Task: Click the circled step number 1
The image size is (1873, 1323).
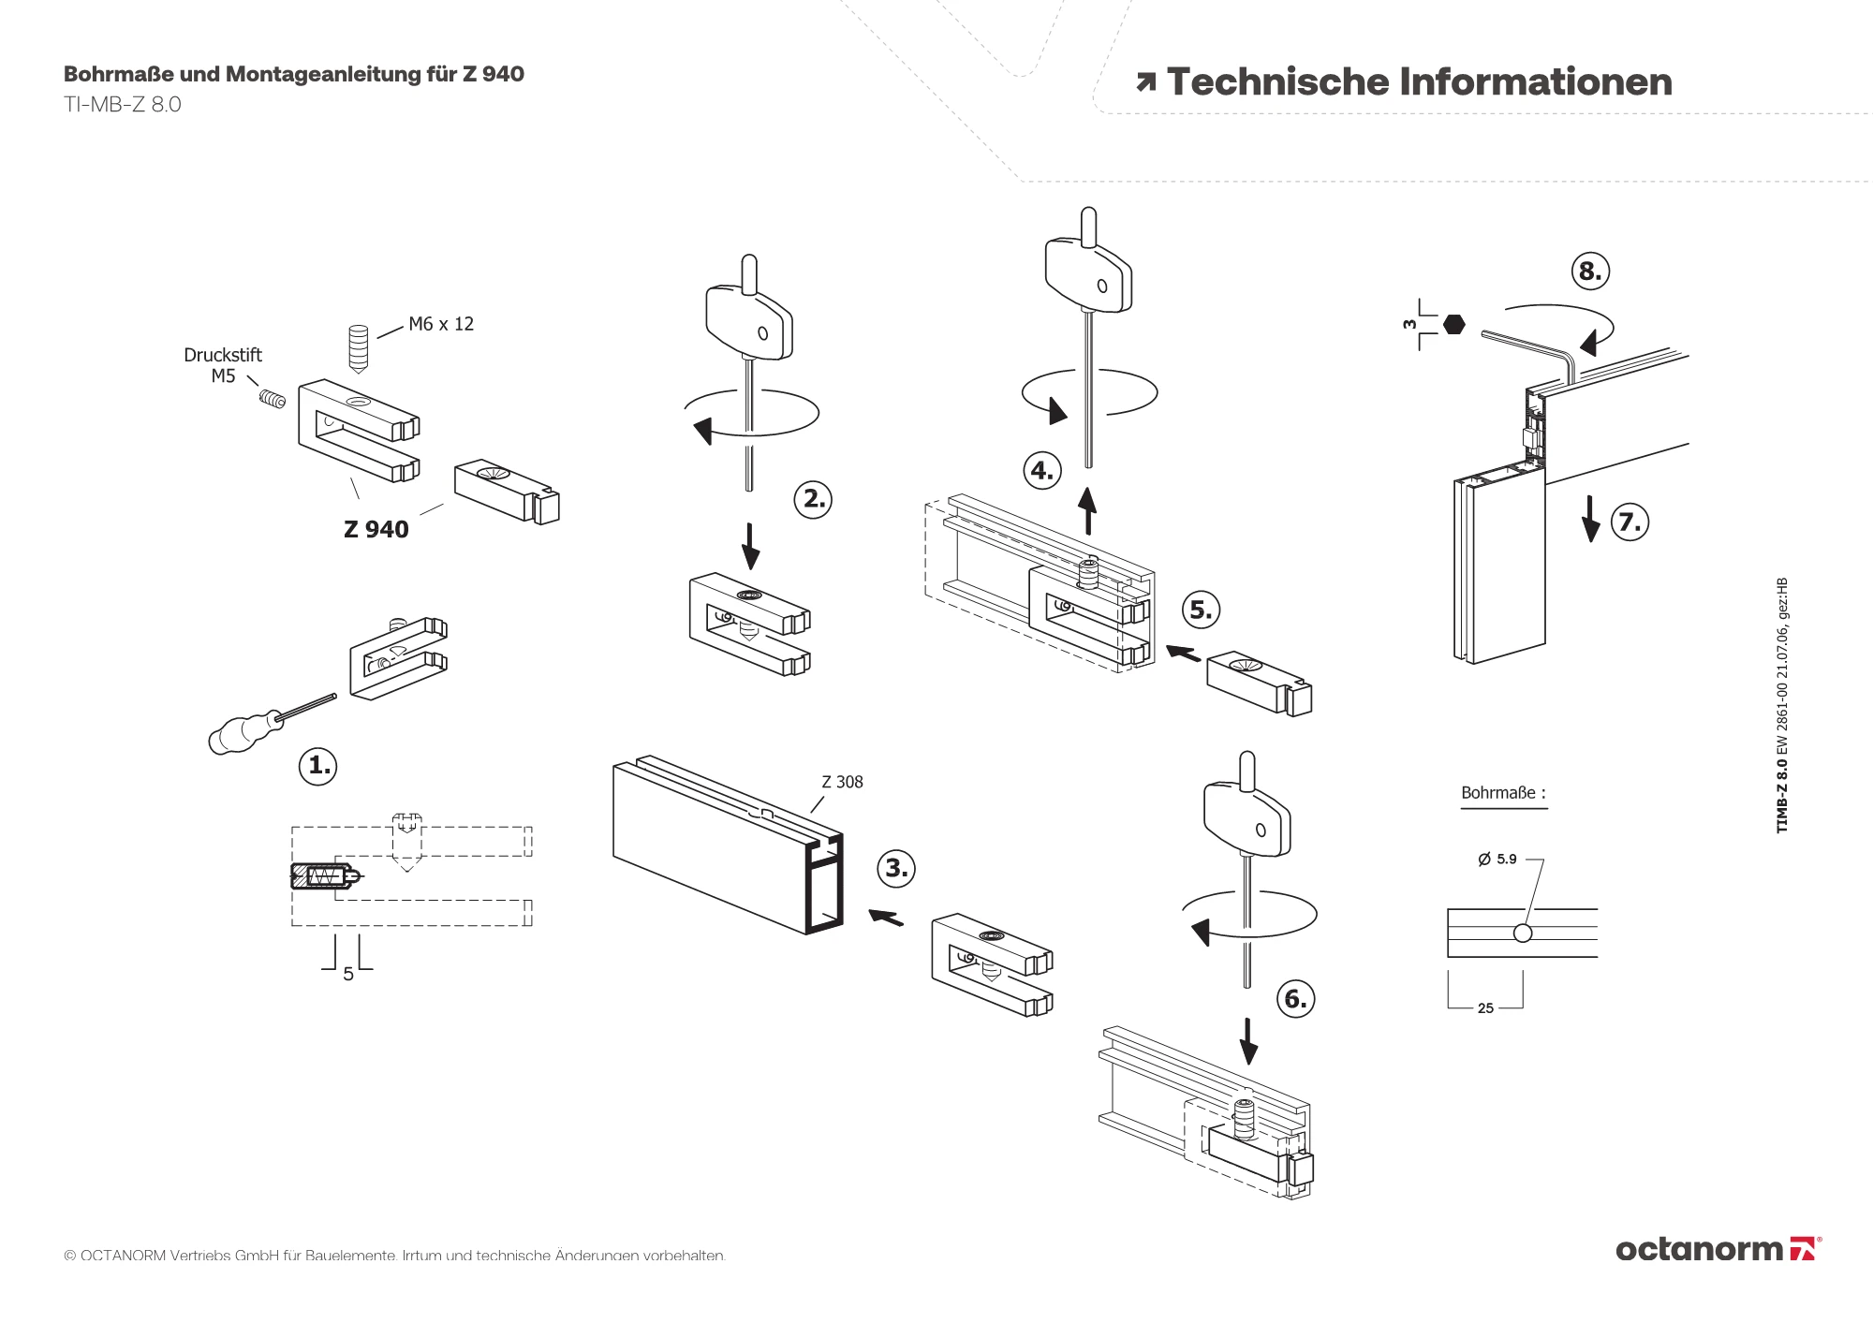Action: click(317, 766)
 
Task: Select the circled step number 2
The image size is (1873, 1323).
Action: click(813, 499)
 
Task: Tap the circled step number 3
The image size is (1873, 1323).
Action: click(895, 868)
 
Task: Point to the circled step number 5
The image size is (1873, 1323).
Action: click(1201, 610)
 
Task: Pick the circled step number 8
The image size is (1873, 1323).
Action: click(1589, 272)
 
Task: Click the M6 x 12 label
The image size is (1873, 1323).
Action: click(441, 324)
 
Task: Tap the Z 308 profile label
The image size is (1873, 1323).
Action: click(842, 782)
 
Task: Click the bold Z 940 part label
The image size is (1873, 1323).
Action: click(376, 530)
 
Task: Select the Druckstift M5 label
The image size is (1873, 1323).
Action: click(223, 365)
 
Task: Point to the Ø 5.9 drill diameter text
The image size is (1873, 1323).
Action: click(1497, 859)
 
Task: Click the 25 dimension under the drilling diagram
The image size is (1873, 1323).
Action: click(1485, 1008)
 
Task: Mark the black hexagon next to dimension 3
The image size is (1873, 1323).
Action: click(1453, 324)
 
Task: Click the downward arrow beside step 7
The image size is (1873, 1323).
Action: click(1590, 520)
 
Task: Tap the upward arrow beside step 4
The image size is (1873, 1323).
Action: click(1088, 510)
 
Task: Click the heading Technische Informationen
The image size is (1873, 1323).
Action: click(1418, 82)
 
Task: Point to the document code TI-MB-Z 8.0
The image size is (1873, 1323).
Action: click(123, 104)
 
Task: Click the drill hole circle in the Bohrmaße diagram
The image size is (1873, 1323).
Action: click(1523, 933)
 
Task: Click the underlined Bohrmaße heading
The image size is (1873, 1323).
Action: click(1503, 793)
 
